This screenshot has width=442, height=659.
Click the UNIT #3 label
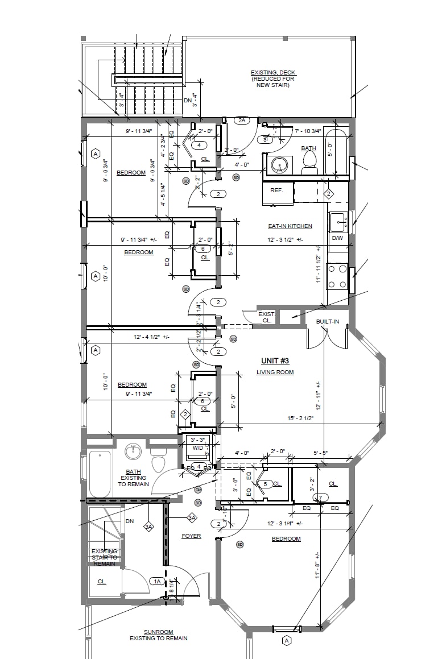275,361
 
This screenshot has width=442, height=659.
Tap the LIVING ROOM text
275,372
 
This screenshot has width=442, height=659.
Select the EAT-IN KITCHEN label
290,226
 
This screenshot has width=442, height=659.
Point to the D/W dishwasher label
337,238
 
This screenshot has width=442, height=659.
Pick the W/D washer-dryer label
197,447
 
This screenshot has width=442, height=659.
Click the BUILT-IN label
328,322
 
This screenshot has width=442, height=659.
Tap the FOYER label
191,536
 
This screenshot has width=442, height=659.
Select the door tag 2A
242,121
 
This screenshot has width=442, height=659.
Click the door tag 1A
156,581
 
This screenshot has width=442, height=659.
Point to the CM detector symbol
198,490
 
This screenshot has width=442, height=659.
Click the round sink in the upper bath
279,165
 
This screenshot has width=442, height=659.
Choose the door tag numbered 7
321,498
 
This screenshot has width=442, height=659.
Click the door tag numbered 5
265,484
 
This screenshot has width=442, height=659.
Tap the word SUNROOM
158,632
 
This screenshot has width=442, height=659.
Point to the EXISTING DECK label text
274,73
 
